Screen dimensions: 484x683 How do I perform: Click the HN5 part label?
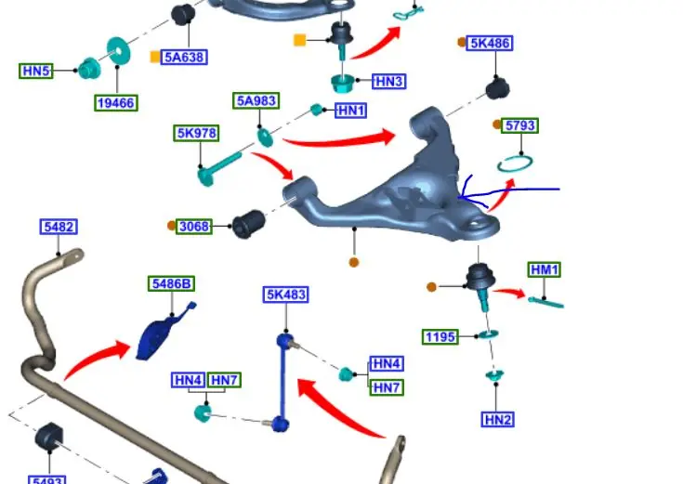(36, 71)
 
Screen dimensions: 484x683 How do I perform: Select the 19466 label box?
(115, 103)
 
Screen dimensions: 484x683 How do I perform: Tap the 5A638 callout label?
(185, 58)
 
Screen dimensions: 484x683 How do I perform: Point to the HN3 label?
(389, 82)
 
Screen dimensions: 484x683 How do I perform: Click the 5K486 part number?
(490, 44)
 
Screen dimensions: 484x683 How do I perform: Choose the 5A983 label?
(256, 100)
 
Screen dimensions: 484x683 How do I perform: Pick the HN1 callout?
(351, 111)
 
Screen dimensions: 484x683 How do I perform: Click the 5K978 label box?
(197, 134)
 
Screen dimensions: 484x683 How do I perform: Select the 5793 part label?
(520, 125)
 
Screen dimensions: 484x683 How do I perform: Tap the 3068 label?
(194, 226)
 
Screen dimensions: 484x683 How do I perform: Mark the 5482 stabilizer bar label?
(59, 227)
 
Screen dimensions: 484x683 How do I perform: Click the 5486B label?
(172, 283)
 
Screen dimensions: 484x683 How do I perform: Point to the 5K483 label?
(286, 295)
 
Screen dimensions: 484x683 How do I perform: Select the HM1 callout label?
(545, 270)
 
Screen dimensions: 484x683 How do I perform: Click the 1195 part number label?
(440, 336)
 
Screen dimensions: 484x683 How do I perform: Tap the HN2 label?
(498, 420)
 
